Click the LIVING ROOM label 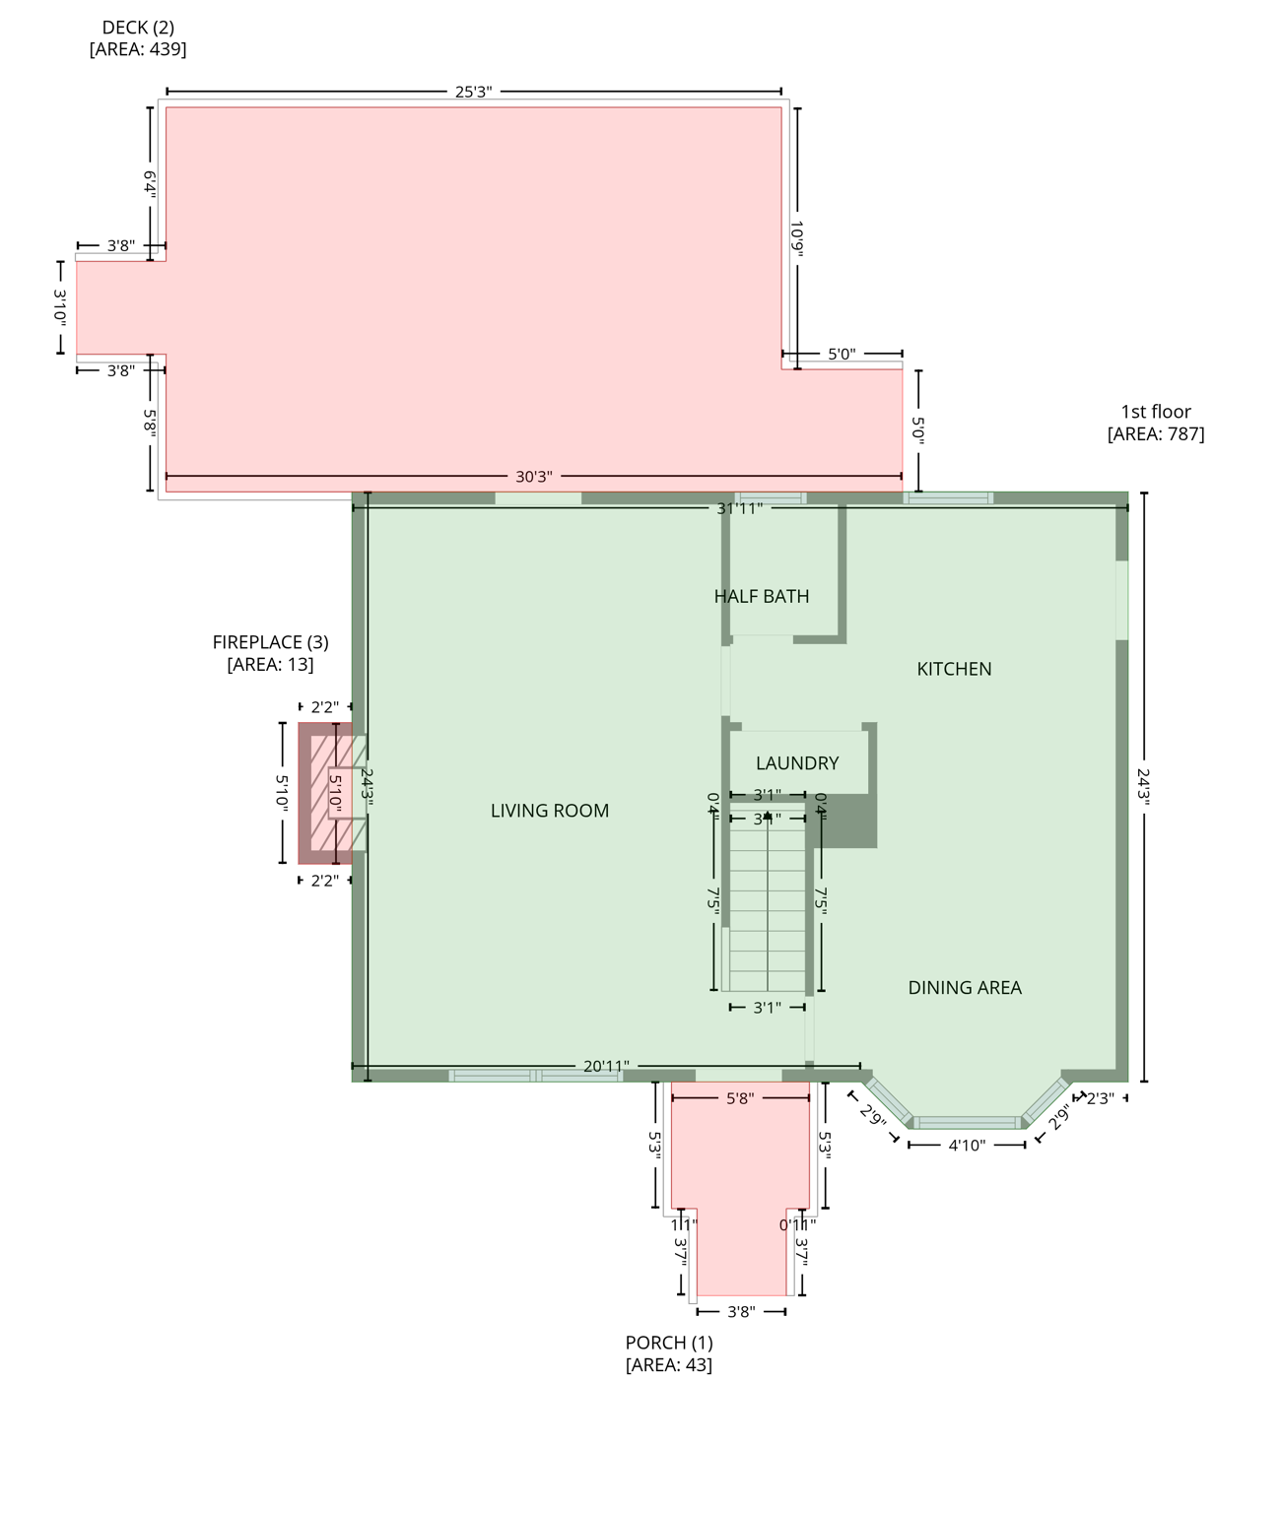(x=550, y=811)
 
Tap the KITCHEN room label (x=954, y=669)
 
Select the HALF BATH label (x=762, y=596)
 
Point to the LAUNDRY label (x=797, y=763)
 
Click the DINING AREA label (x=965, y=987)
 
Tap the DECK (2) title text (x=138, y=28)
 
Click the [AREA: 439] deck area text (x=138, y=49)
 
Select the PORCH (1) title (x=669, y=1343)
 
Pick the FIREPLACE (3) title (x=271, y=642)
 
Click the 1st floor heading (x=1156, y=412)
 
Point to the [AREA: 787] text (x=1156, y=434)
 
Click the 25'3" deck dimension (x=473, y=92)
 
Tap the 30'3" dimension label (x=534, y=477)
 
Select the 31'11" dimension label (x=740, y=508)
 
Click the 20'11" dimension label (x=606, y=1066)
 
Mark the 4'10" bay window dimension (x=967, y=1145)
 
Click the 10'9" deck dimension (x=797, y=238)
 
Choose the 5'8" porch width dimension (x=740, y=1098)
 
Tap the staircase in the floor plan (x=768, y=901)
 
